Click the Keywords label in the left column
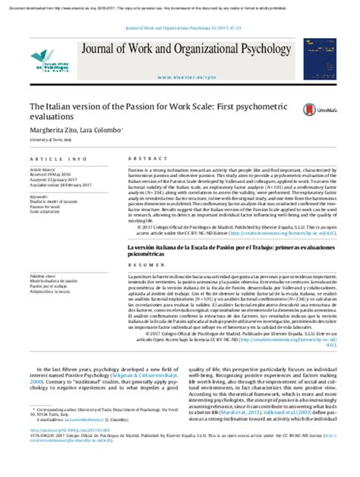click(39, 196)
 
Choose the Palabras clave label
click(43, 259)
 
